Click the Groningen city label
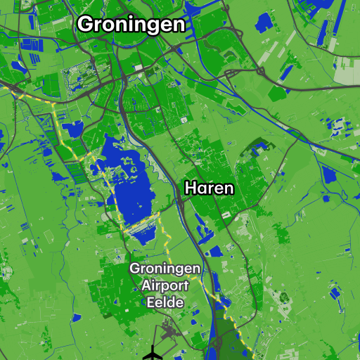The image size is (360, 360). pos(131,25)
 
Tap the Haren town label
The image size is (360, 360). pos(209,189)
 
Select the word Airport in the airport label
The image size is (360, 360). pos(165,285)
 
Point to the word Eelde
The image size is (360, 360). pos(165,302)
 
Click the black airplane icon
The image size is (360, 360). pos(152,353)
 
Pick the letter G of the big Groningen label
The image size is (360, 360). pos(86,25)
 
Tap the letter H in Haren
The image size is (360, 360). pos(190,189)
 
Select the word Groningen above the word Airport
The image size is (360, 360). pos(165,269)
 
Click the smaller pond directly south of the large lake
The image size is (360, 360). pos(145,236)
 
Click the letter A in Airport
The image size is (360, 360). pos(147,285)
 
